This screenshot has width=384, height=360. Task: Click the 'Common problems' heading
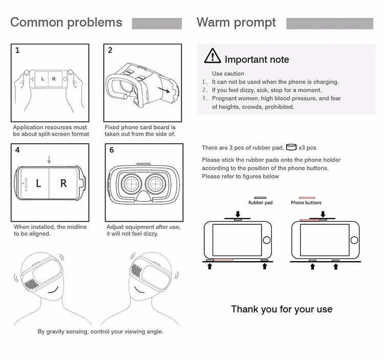point(66,23)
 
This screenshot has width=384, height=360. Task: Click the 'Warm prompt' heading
point(236,23)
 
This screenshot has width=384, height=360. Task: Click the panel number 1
point(17,51)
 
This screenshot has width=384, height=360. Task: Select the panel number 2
point(110,51)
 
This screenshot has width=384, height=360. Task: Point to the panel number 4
point(17,151)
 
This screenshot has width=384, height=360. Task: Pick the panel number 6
point(111,151)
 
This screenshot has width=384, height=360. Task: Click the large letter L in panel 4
point(38,183)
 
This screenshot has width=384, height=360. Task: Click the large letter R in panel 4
point(63,183)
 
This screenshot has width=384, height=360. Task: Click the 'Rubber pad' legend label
point(261,203)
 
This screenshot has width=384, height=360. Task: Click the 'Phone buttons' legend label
point(306,203)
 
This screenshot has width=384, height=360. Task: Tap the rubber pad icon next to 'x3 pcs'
point(291,147)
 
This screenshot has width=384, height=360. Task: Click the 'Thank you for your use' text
point(282,309)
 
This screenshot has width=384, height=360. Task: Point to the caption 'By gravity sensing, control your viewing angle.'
point(100,331)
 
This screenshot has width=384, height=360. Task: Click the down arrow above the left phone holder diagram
point(237,213)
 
